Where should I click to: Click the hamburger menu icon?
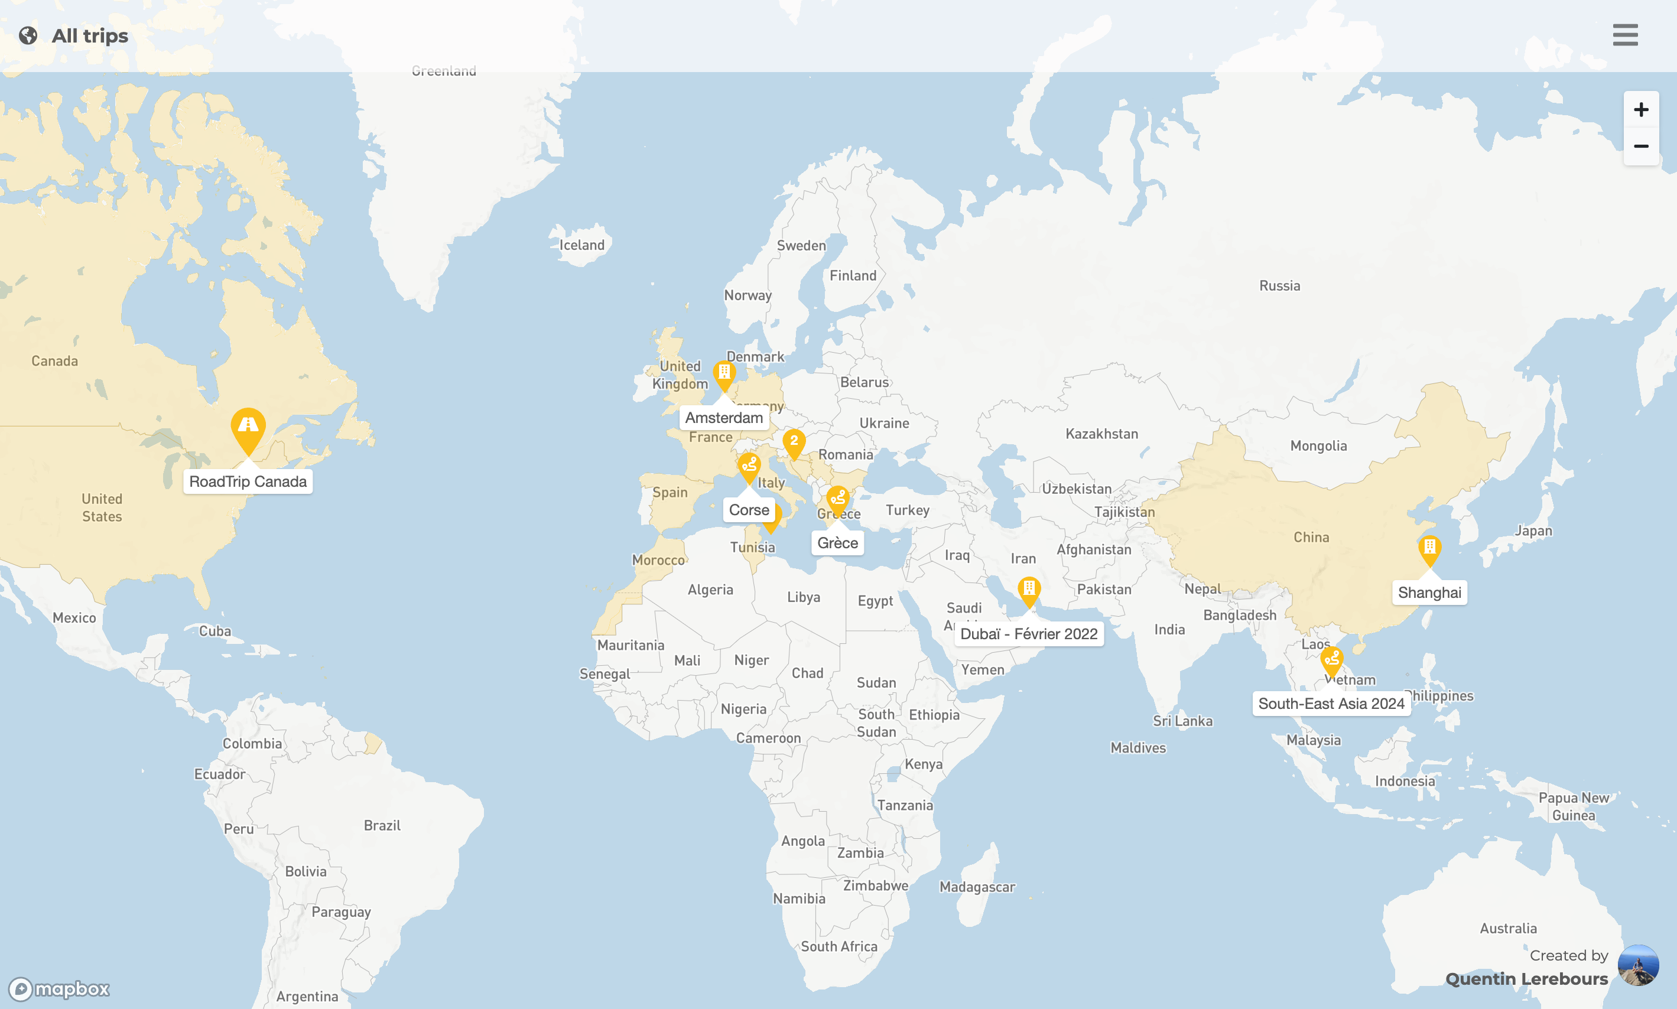pyautogui.click(x=1624, y=35)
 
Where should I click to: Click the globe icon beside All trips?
pyautogui.click(x=28, y=35)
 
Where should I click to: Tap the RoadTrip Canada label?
pyautogui.click(x=248, y=481)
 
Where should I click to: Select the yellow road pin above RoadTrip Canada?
pyautogui.click(x=248, y=428)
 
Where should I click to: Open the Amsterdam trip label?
pyautogui.click(x=724, y=418)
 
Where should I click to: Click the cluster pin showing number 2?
pyautogui.click(x=794, y=442)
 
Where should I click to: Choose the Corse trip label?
pyautogui.click(x=749, y=510)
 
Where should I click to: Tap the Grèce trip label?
pyautogui.click(x=837, y=542)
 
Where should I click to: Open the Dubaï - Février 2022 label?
pyautogui.click(x=1028, y=634)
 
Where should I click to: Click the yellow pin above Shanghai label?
pyautogui.click(x=1429, y=548)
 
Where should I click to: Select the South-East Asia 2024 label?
pyautogui.click(x=1331, y=703)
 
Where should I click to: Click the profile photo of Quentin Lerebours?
pyautogui.click(x=1637, y=965)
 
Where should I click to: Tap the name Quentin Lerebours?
pyautogui.click(x=1526, y=978)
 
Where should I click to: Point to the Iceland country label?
pyautogui.click(x=581, y=245)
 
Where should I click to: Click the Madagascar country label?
pyautogui.click(x=977, y=887)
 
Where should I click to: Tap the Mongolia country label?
pyautogui.click(x=1318, y=445)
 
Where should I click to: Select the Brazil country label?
pyautogui.click(x=382, y=825)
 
